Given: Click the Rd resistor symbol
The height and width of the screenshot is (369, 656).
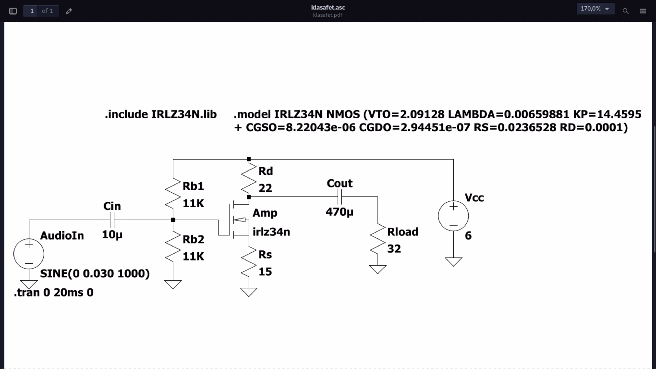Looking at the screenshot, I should pyautogui.click(x=249, y=178).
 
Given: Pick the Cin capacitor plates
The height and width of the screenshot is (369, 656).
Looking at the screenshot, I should pyautogui.click(x=112, y=220).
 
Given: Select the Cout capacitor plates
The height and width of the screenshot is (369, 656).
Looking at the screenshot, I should pyautogui.click(x=339, y=197).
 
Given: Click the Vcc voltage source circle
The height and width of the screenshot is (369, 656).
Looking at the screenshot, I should pyautogui.click(x=453, y=216).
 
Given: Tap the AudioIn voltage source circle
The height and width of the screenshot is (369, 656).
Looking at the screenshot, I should pyautogui.click(x=29, y=254).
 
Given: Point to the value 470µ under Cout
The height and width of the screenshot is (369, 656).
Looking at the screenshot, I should pyautogui.click(x=339, y=212).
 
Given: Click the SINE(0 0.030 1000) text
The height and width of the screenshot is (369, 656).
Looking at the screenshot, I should pyautogui.click(x=95, y=274).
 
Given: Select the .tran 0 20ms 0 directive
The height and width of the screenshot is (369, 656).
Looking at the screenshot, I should pyautogui.click(x=54, y=292).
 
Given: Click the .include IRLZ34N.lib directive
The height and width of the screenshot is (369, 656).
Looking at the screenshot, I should pyautogui.click(x=161, y=114).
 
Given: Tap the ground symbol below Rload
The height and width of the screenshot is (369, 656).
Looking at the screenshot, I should pyautogui.click(x=377, y=269).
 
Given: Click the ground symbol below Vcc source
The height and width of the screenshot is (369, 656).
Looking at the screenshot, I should pyautogui.click(x=453, y=261).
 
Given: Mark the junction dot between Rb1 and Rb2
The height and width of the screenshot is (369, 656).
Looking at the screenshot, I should pyautogui.click(x=173, y=220).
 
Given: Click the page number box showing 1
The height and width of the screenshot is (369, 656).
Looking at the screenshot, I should pyautogui.click(x=32, y=11).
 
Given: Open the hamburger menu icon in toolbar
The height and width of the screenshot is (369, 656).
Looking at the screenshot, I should pyautogui.click(x=643, y=11).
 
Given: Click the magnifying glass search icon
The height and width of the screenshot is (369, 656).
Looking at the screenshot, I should pyautogui.click(x=625, y=11).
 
